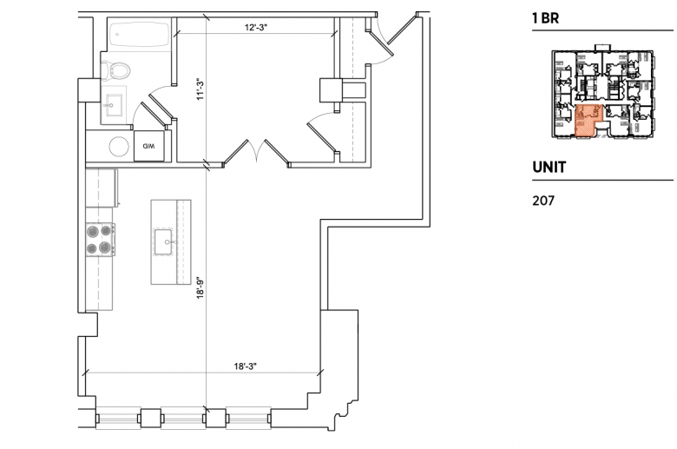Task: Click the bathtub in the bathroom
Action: click(140, 34)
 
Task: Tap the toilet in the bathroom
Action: click(115, 70)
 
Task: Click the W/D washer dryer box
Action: click(149, 146)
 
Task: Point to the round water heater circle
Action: click(119, 147)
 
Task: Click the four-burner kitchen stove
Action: click(100, 240)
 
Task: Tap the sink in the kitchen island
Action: click(164, 242)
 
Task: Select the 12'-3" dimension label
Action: click(256, 28)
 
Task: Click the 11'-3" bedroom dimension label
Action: click(200, 89)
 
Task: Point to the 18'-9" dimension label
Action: click(200, 287)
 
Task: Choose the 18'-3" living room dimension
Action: click(246, 366)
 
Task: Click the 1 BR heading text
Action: click(545, 18)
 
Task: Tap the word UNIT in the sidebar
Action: click(549, 168)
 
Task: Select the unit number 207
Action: click(543, 201)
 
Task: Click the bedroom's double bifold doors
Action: click(256, 152)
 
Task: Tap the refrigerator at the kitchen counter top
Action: click(102, 188)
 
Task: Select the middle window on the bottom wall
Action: click(184, 418)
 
